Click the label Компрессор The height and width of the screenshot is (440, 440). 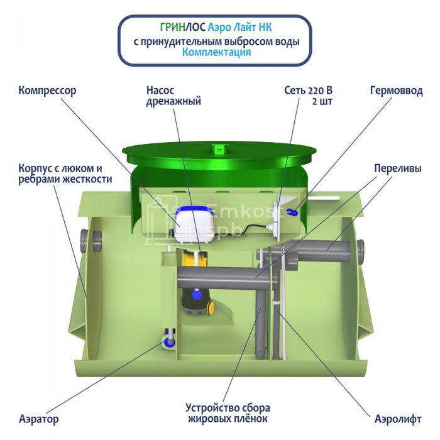click(47, 91)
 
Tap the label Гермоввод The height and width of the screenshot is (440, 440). click(396, 91)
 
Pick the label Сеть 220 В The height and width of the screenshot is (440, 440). click(307, 91)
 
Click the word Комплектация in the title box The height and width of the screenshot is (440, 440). click(217, 53)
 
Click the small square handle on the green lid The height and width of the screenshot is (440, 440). click(218, 150)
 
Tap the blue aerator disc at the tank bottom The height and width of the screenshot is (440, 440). click(169, 341)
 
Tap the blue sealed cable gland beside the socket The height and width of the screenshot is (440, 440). click(290, 212)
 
